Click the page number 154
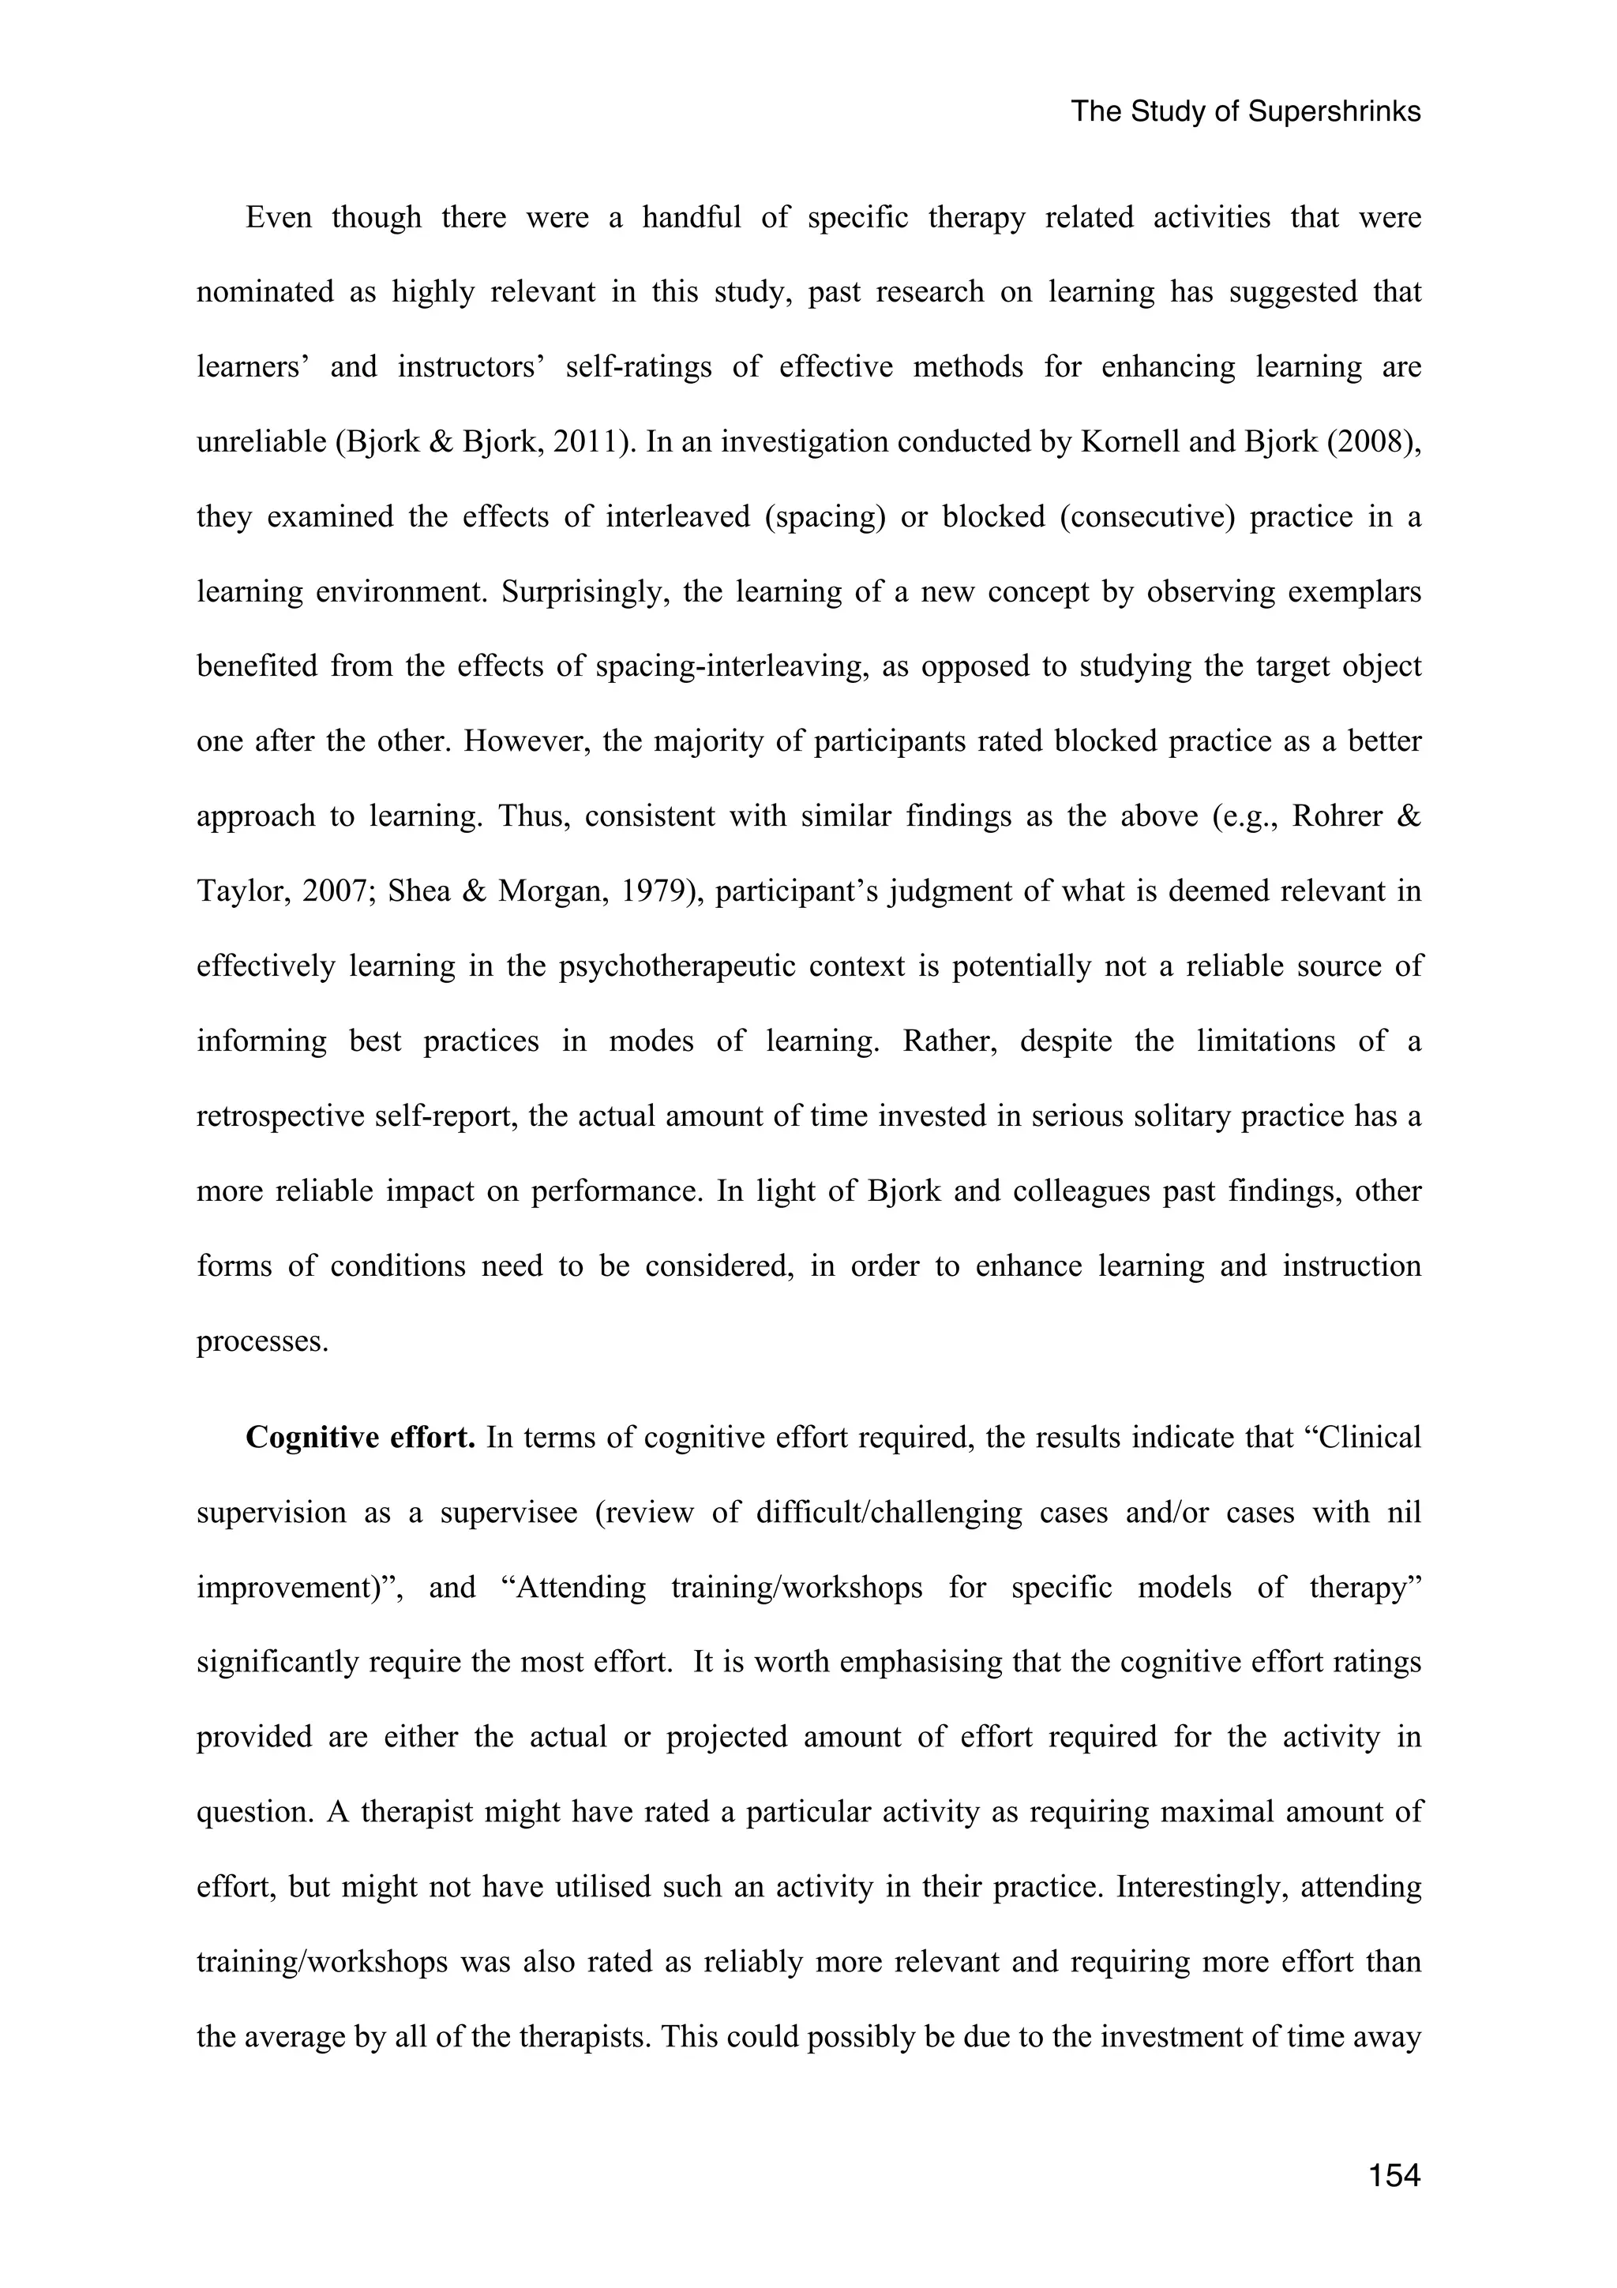click(1394, 2174)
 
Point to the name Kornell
click(1131, 441)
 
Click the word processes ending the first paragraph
click(262, 1341)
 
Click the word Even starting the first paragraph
click(278, 217)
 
